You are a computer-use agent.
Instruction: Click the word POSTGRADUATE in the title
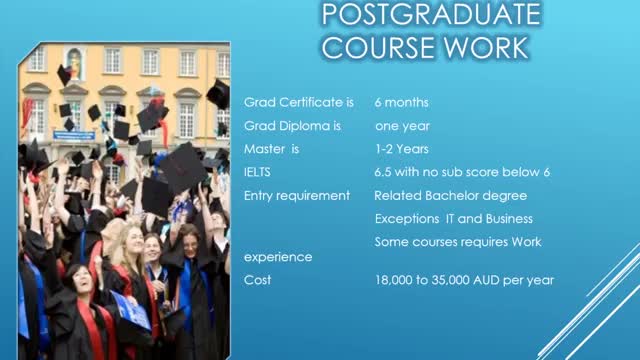tap(431, 14)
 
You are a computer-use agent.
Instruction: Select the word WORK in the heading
tap(486, 48)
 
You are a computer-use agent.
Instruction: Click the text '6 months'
tap(402, 102)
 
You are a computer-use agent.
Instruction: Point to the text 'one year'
tap(402, 126)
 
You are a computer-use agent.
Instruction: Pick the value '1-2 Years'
tap(402, 149)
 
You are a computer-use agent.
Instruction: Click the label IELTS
tap(257, 172)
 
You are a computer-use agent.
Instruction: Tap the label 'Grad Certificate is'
tap(299, 102)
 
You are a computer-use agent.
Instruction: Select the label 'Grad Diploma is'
tap(292, 126)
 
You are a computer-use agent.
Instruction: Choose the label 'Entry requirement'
tap(297, 196)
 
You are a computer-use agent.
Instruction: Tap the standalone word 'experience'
tap(278, 257)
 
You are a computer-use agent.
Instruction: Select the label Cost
tap(257, 280)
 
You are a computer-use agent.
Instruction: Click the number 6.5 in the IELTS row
tap(383, 172)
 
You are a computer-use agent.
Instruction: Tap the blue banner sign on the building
tap(74, 136)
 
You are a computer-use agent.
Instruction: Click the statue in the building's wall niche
tap(75, 64)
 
